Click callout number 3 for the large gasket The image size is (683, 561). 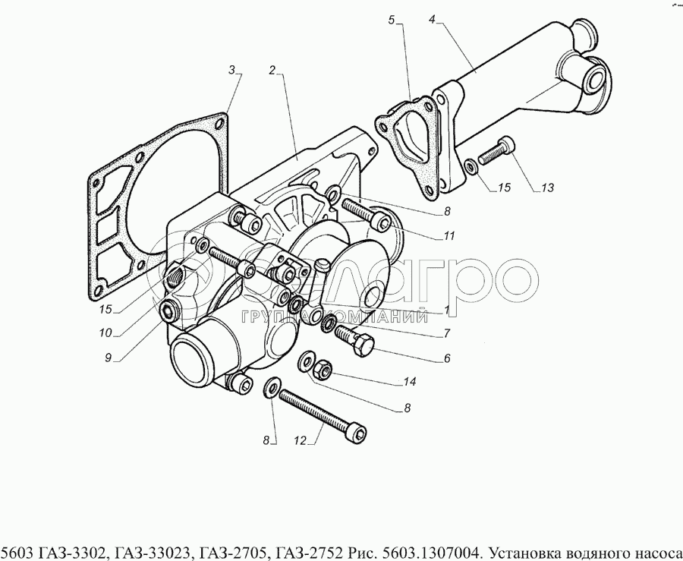click(x=231, y=69)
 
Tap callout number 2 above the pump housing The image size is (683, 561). click(x=272, y=70)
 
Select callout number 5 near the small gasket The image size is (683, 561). click(x=391, y=20)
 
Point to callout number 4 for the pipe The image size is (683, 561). click(x=432, y=20)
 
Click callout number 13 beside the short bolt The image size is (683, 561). click(x=547, y=188)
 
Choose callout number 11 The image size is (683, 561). click(x=449, y=236)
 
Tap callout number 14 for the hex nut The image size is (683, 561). click(x=410, y=382)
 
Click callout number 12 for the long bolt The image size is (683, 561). click(x=300, y=441)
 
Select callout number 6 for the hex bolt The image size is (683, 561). click(x=447, y=358)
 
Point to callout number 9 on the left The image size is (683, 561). click(x=108, y=358)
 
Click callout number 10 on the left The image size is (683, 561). click(x=105, y=333)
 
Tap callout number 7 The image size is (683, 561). click(x=447, y=333)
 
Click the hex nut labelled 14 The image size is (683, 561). click(x=322, y=369)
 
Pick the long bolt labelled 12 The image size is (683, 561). click(x=323, y=417)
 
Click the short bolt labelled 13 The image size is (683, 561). click(x=496, y=150)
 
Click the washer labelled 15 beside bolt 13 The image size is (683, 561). click(x=471, y=167)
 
